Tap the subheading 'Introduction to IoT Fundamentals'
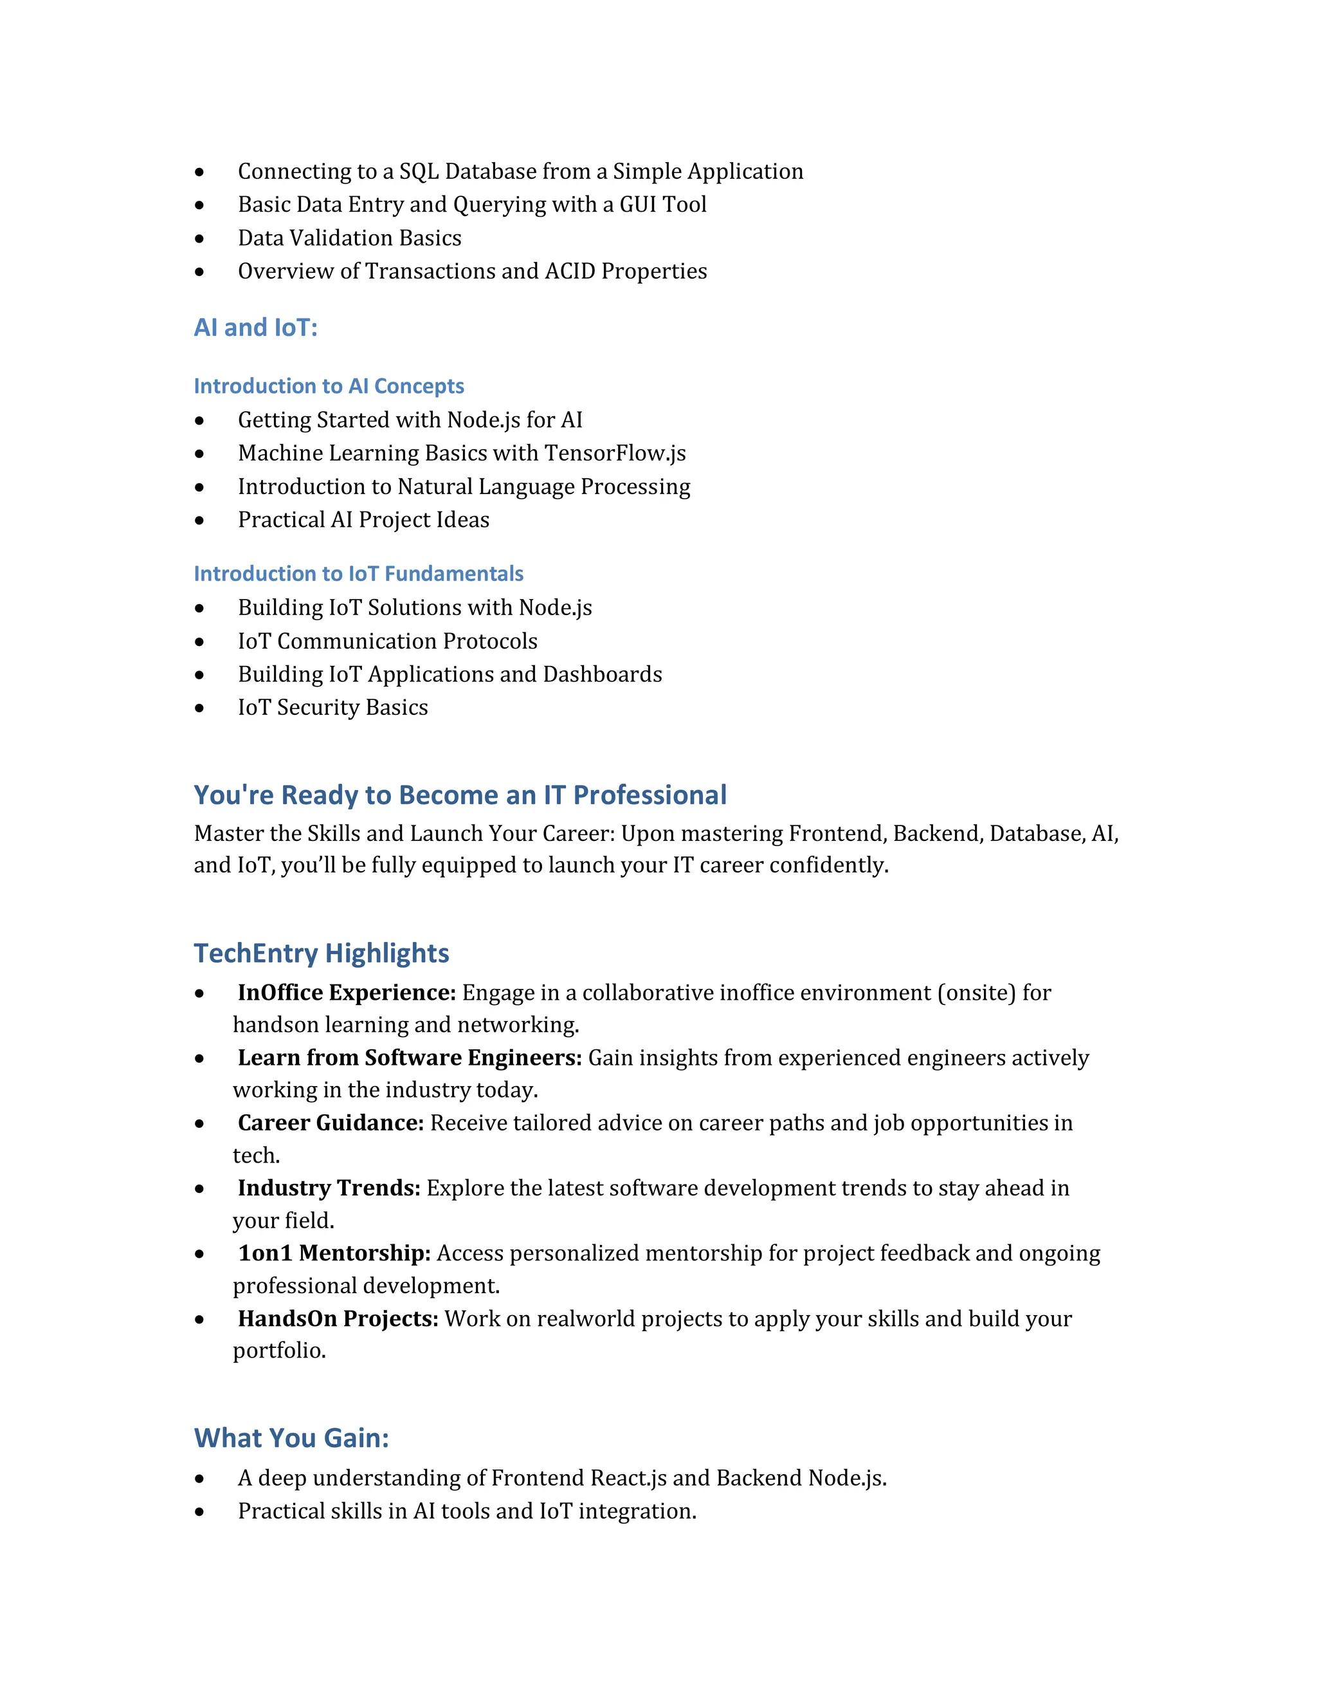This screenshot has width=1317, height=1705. [358, 574]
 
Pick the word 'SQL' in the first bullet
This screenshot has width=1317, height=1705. [419, 171]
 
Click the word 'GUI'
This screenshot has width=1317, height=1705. [637, 205]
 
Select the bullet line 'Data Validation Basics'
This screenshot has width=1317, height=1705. [350, 238]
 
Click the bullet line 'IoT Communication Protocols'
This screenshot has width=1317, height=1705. [388, 641]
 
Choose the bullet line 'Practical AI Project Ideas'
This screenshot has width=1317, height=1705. [363, 520]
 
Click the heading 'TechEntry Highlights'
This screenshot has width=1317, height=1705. [322, 954]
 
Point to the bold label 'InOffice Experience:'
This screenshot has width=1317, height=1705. [347, 993]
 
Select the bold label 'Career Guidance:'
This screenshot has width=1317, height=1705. [331, 1123]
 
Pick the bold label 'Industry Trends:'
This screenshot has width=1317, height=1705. [329, 1188]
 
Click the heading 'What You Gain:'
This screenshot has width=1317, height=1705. [291, 1438]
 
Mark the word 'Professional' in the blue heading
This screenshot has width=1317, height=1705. [650, 795]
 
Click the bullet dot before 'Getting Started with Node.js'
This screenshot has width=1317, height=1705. [200, 421]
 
